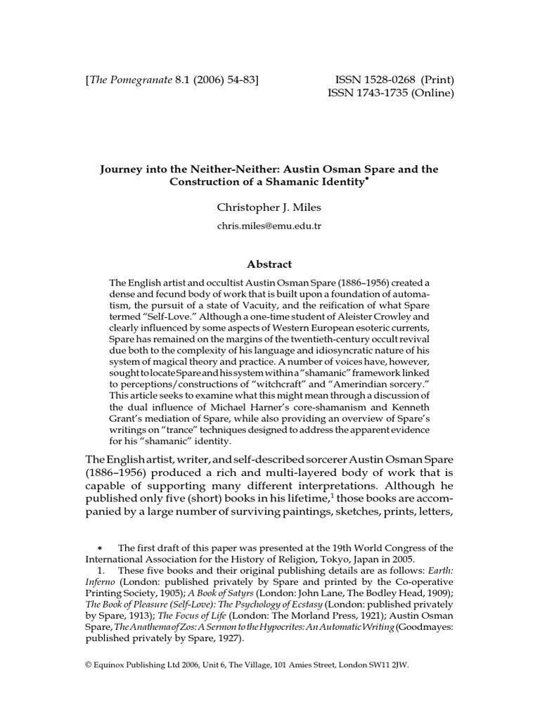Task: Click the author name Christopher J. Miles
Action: [270, 207]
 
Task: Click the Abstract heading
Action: [270, 264]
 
